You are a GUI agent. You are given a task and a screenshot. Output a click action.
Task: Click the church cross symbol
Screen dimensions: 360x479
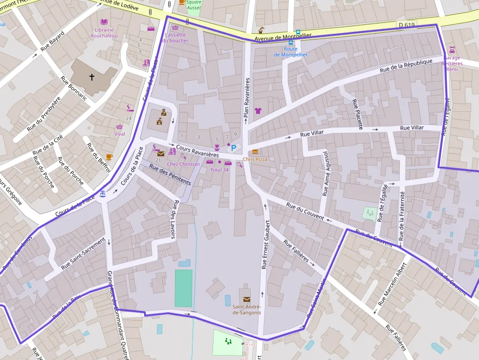pyautogui.click(x=91, y=77)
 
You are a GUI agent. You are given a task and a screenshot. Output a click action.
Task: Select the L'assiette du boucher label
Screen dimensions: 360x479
pyautogui.click(x=175, y=38)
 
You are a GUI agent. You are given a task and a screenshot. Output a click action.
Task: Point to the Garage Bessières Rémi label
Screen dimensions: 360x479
pyautogui.click(x=452, y=64)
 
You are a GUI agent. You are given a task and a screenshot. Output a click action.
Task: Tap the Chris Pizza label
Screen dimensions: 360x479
pyautogui.click(x=255, y=159)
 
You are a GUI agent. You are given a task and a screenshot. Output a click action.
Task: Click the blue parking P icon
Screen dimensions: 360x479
pyautogui.click(x=234, y=148)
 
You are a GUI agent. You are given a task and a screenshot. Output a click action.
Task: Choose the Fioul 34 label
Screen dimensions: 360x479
pyautogui.click(x=219, y=169)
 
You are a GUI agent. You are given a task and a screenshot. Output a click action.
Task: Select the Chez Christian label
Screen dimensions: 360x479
pyautogui.click(x=183, y=164)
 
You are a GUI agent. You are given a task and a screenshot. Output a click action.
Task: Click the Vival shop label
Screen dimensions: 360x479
pyautogui.click(x=119, y=134)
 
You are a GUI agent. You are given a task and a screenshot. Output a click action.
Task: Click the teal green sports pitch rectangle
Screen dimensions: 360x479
pyautogui.click(x=184, y=288)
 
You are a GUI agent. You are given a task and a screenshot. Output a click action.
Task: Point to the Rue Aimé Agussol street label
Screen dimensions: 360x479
pyautogui.click(x=325, y=174)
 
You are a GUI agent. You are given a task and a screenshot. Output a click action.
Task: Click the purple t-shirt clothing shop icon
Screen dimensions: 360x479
pyautogui.click(x=258, y=111)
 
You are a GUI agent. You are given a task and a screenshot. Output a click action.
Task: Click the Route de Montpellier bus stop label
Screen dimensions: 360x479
pyautogui.click(x=291, y=52)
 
